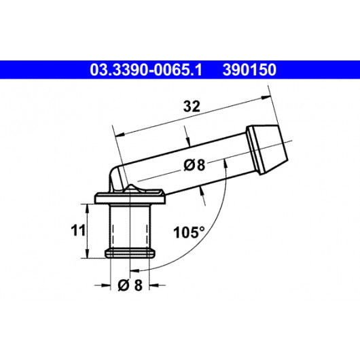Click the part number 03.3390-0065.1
pyautogui.click(x=146, y=70)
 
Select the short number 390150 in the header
pyautogui.click(x=249, y=70)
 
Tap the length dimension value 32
pyautogui.click(x=192, y=106)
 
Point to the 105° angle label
pyautogui.click(x=189, y=232)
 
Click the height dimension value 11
pyautogui.click(x=78, y=230)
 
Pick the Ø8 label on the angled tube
pyautogui.click(x=194, y=165)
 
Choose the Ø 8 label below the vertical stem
pyautogui.click(x=130, y=285)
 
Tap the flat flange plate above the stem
pyautogui.click(x=130, y=196)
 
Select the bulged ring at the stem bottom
pyautogui.click(x=130, y=253)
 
